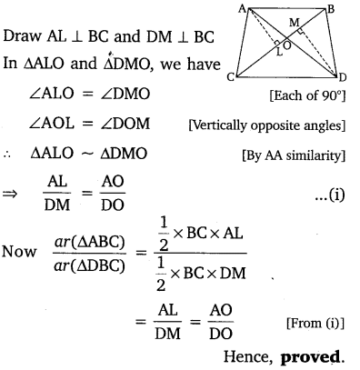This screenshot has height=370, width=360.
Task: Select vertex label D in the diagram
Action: [x=353, y=78]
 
